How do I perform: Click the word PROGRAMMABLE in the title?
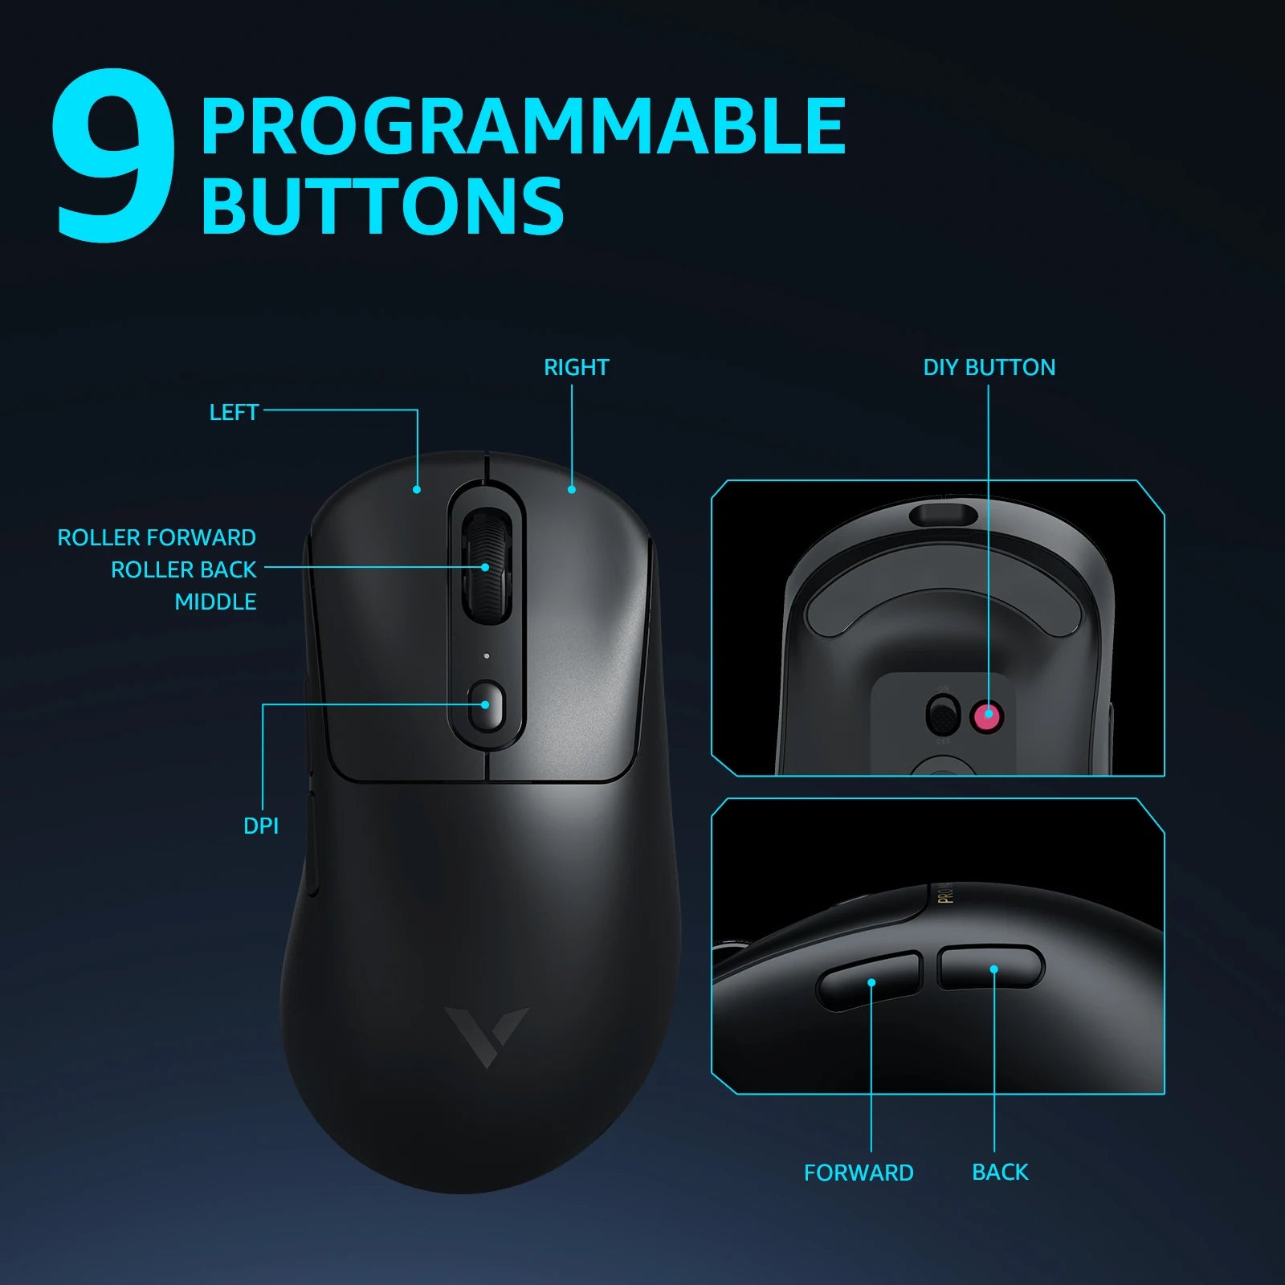click(523, 126)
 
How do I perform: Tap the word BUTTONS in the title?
click(382, 206)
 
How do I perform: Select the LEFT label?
click(234, 412)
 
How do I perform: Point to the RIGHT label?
click(576, 367)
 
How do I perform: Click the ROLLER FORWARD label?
click(157, 537)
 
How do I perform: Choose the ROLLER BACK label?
click(183, 569)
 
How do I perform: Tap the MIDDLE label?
click(215, 602)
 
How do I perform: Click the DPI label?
click(261, 826)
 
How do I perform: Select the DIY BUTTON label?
click(989, 367)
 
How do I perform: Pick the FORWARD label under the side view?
click(859, 1173)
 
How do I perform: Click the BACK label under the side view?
click(1000, 1172)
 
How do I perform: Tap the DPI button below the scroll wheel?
click(486, 705)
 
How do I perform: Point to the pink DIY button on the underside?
click(988, 714)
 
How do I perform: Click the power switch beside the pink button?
click(943, 715)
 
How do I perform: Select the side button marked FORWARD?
click(869, 981)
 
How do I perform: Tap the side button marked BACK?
click(991, 968)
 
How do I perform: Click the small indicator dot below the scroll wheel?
click(486, 656)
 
